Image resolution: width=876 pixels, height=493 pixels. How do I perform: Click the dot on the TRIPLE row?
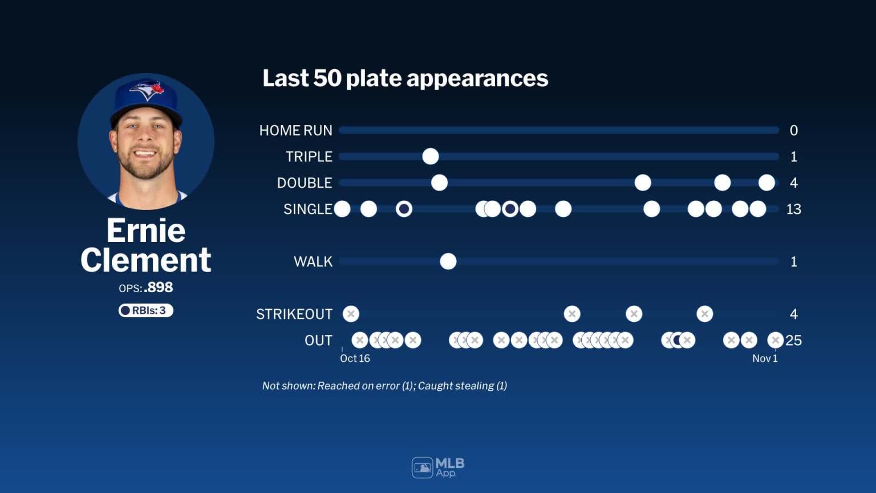(x=431, y=156)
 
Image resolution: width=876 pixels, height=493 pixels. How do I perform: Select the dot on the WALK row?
(x=448, y=261)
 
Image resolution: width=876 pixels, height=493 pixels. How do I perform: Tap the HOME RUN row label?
(x=295, y=131)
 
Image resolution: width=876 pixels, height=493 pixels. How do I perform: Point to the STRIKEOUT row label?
(x=294, y=314)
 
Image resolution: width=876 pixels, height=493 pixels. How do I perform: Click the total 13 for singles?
(x=793, y=209)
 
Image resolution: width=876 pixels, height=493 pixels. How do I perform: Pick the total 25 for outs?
(x=793, y=341)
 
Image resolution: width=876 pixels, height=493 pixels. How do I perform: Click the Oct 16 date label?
(x=355, y=358)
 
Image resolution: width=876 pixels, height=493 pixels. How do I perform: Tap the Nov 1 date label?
(x=765, y=358)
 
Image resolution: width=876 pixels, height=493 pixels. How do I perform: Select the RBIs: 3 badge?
(x=146, y=310)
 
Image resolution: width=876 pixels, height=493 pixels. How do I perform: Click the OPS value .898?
(x=159, y=288)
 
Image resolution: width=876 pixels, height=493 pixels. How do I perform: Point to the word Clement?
(x=146, y=260)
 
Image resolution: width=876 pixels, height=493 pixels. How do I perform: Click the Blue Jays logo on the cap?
(x=148, y=90)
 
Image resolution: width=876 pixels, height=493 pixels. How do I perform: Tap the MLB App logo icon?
(x=423, y=468)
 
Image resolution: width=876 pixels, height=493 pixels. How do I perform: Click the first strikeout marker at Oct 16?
(x=351, y=314)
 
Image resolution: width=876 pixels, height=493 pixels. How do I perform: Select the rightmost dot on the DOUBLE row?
(x=766, y=183)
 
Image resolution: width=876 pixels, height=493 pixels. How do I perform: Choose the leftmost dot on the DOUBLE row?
(x=439, y=183)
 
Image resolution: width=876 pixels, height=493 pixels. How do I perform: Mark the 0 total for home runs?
(x=793, y=131)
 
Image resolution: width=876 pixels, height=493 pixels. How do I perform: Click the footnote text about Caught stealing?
(x=463, y=386)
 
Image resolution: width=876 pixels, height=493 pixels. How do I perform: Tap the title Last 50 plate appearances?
(x=405, y=78)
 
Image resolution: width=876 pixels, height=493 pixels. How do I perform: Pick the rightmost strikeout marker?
(x=705, y=314)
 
